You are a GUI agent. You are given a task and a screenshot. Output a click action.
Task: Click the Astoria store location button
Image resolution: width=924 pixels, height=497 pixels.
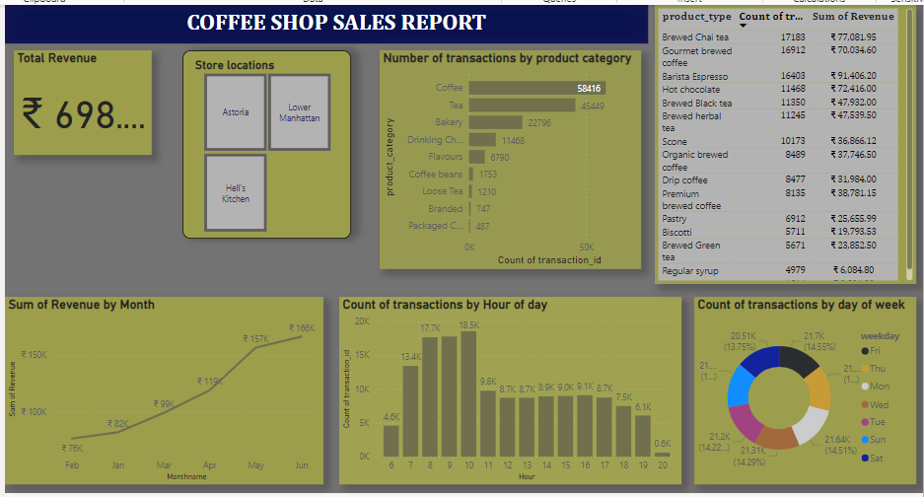(x=236, y=111)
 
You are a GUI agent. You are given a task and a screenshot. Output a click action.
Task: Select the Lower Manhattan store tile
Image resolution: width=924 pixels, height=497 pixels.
(x=299, y=111)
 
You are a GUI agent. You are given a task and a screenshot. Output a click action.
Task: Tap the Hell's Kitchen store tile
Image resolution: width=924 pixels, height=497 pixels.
(x=236, y=192)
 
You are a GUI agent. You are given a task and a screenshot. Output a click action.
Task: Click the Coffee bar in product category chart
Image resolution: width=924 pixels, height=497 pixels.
(x=537, y=88)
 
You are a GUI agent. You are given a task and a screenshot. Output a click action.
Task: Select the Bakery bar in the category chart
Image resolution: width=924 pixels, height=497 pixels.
(x=497, y=123)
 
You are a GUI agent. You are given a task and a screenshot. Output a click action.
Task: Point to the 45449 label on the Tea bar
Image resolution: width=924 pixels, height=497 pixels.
(x=592, y=106)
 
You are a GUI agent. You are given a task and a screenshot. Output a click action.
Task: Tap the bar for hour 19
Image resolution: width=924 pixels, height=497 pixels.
(x=643, y=435)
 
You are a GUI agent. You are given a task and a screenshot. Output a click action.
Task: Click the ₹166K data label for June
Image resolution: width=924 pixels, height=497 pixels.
(x=302, y=327)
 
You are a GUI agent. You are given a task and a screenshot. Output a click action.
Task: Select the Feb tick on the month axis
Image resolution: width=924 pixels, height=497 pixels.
(x=73, y=464)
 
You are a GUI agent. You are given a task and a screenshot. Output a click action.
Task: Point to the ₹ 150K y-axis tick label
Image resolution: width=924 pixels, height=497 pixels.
(x=34, y=354)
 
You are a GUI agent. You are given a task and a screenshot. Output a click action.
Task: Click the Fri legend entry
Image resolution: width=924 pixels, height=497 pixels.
(x=875, y=350)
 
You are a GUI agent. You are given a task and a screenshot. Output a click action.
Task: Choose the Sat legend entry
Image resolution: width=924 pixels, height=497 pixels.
(x=875, y=457)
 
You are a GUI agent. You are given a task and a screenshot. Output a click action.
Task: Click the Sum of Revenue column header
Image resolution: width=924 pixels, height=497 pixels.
(x=853, y=17)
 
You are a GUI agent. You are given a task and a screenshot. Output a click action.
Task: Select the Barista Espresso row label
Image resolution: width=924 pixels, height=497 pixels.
(x=694, y=76)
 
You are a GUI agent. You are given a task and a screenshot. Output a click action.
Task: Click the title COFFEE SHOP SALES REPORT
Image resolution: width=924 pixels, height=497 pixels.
(x=336, y=23)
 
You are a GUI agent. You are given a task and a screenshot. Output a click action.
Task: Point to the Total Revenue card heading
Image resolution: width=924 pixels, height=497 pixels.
(x=57, y=58)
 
